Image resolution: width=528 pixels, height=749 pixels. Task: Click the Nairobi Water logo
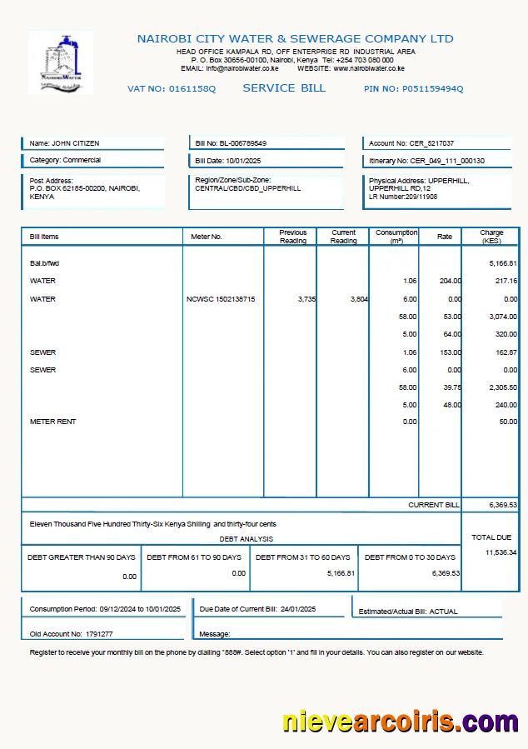point(60,62)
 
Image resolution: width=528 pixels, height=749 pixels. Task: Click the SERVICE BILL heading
point(284,88)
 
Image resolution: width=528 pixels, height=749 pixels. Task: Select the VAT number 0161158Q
point(192,89)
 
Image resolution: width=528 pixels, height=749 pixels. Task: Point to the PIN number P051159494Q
point(432,89)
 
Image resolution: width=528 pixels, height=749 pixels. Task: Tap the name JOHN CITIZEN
point(76,143)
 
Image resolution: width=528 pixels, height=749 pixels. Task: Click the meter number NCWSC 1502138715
point(221,299)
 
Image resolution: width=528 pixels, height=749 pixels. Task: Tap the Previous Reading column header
point(292,237)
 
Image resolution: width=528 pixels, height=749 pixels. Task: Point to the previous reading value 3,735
point(306,299)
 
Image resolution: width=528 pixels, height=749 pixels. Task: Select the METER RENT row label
point(52,422)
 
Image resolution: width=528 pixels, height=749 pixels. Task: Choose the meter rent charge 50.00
point(508,422)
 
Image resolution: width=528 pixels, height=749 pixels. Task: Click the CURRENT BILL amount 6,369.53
point(503,505)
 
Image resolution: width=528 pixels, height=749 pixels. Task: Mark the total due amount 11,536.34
point(501,552)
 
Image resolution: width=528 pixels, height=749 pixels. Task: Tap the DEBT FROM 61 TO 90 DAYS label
point(194,557)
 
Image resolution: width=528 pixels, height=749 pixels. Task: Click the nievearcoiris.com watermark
point(400,720)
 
